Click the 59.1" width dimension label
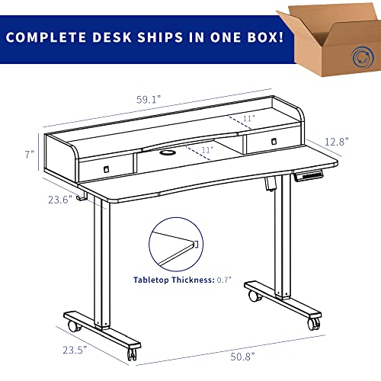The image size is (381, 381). [x=149, y=99]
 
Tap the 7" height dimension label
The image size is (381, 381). [x=30, y=154]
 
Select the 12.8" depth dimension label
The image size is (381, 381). [x=337, y=142]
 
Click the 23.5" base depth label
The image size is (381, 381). [x=75, y=350]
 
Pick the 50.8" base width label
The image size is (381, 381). [x=242, y=357]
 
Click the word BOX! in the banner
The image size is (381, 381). [x=265, y=37]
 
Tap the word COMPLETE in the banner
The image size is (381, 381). [x=46, y=37]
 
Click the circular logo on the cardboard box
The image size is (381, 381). [x=363, y=57]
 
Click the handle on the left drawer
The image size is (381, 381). [x=107, y=169]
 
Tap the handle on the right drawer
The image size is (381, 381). [x=274, y=141]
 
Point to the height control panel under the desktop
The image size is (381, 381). [x=309, y=176]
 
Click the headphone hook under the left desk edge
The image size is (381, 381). [x=82, y=196]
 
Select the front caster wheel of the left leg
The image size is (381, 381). [x=132, y=354]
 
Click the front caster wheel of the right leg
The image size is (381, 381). [x=314, y=325]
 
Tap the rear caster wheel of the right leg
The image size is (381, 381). [x=254, y=296]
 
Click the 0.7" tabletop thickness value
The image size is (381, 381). [x=224, y=280]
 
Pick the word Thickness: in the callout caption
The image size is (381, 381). [x=194, y=280]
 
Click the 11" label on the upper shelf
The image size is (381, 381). [x=248, y=118]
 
